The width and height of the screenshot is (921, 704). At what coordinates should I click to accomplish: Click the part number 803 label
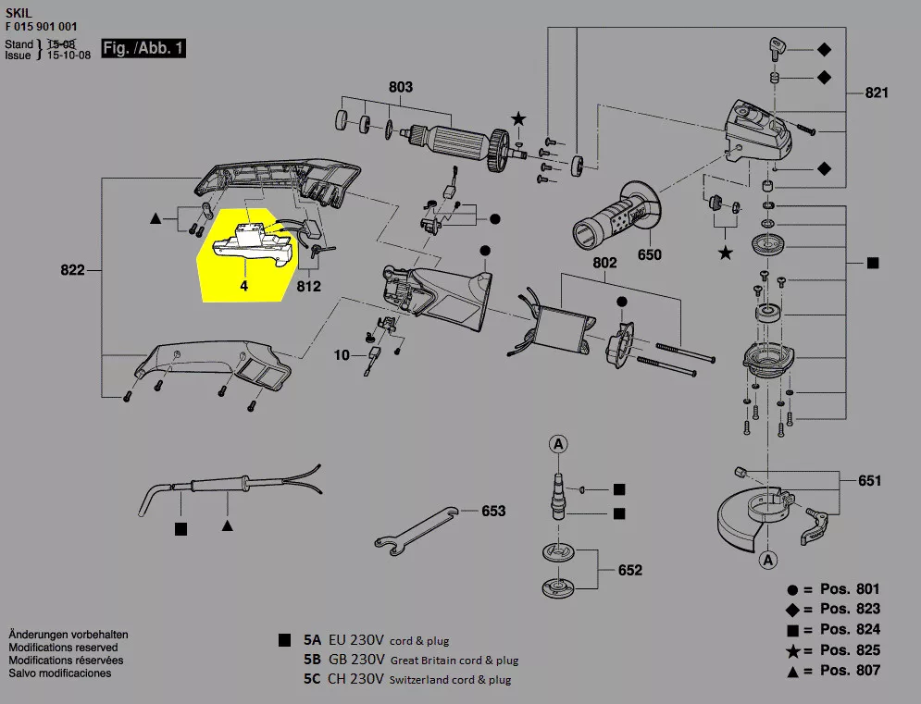click(x=400, y=87)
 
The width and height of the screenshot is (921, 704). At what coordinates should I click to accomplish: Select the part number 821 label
click(x=877, y=93)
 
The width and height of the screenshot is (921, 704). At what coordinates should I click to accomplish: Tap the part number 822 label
click(x=72, y=270)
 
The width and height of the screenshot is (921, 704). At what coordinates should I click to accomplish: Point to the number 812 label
click(x=308, y=287)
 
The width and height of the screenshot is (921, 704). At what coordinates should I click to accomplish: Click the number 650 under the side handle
click(x=650, y=254)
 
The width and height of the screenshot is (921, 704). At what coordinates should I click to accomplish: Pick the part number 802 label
click(x=604, y=263)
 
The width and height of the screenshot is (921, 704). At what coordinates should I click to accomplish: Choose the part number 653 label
click(x=493, y=511)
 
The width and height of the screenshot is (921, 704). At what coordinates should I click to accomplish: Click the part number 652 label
click(x=629, y=570)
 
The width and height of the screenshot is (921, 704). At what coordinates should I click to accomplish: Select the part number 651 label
click(x=869, y=480)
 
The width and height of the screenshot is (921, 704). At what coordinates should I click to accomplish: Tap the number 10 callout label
click(x=342, y=354)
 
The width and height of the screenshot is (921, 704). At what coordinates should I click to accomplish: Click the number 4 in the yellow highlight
click(x=244, y=287)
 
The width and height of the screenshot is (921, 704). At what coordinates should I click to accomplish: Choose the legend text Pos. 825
click(x=850, y=650)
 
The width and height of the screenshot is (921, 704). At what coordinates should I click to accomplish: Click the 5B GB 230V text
click(x=343, y=660)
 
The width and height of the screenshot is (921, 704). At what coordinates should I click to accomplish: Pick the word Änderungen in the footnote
click(x=39, y=635)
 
